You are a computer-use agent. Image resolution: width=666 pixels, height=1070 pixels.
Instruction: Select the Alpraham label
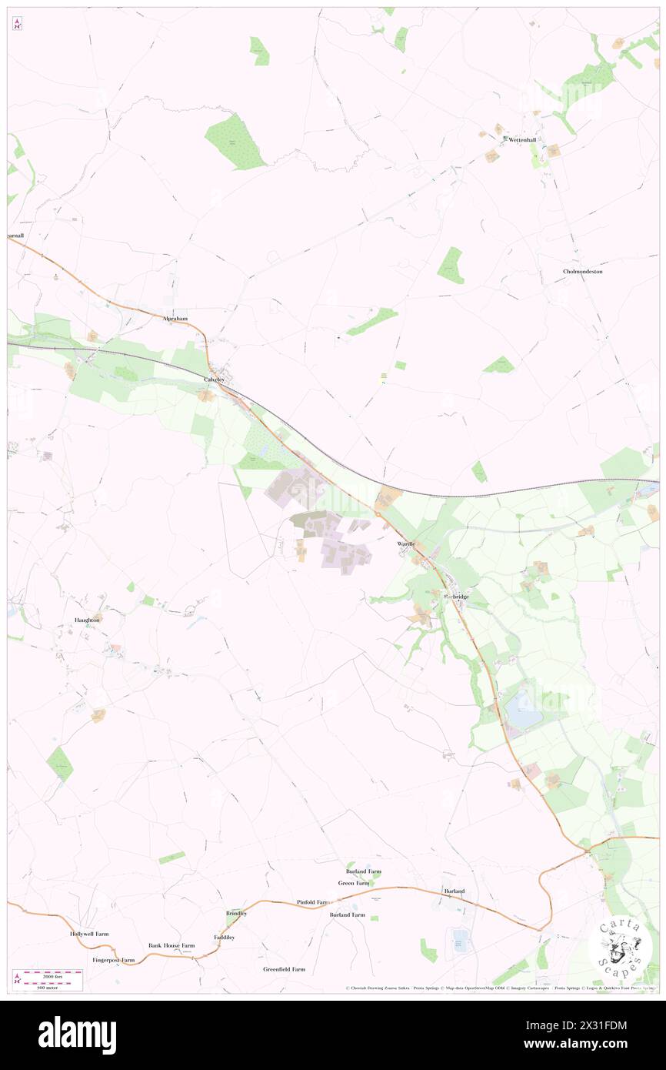pyautogui.click(x=175, y=318)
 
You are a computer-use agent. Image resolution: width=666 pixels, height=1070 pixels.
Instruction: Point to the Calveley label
pyautogui.click(x=215, y=380)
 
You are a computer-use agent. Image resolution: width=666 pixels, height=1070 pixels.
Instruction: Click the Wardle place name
pyautogui.click(x=406, y=543)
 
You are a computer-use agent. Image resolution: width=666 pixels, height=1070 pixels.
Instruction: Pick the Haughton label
pyautogui.click(x=87, y=620)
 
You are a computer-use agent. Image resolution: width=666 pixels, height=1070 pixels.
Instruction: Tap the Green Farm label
pyautogui.click(x=354, y=883)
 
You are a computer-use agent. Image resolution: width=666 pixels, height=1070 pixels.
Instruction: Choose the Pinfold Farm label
pyautogui.click(x=313, y=901)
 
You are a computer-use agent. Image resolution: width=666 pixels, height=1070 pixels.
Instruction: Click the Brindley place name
pyautogui.click(x=236, y=913)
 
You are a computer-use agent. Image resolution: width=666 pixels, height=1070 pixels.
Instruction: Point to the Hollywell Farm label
pyautogui.click(x=89, y=933)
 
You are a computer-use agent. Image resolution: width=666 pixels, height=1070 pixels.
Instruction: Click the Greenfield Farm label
pyautogui.click(x=284, y=969)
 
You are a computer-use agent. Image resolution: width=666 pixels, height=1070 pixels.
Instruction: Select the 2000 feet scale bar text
pyautogui.click(x=52, y=974)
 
